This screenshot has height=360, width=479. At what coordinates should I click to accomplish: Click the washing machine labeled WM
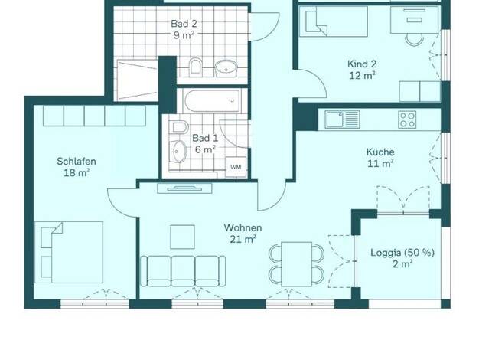tap(236, 167)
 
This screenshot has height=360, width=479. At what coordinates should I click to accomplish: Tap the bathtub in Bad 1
tap(212, 100)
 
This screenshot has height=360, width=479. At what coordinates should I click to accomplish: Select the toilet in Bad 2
tap(195, 67)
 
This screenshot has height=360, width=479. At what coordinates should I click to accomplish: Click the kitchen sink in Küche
tap(343, 119)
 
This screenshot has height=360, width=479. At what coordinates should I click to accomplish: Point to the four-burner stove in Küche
tap(407, 119)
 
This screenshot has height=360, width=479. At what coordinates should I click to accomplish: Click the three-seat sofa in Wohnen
tap(183, 271)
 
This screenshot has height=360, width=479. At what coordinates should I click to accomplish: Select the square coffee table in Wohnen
tap(182, 237)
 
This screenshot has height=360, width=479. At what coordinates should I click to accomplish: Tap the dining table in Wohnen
tap(296, 264)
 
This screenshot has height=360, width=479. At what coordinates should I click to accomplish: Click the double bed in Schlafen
tap(69, 252)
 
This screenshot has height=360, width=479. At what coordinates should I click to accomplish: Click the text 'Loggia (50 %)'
tap(402, 253)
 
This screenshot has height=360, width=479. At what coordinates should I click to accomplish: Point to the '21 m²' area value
tap(243, 239)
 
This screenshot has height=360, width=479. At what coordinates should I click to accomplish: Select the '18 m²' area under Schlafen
tap(77, 173)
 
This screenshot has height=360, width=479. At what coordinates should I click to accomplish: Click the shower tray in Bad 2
tap(138, 80)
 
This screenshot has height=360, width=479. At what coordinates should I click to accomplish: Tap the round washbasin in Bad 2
tap(226, 68)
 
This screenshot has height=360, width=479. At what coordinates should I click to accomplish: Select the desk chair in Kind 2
tap(414, 39)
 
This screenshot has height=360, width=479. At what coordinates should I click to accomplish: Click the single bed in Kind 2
tap(334, 21)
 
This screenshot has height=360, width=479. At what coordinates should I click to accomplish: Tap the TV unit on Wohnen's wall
tap(184, 188)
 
